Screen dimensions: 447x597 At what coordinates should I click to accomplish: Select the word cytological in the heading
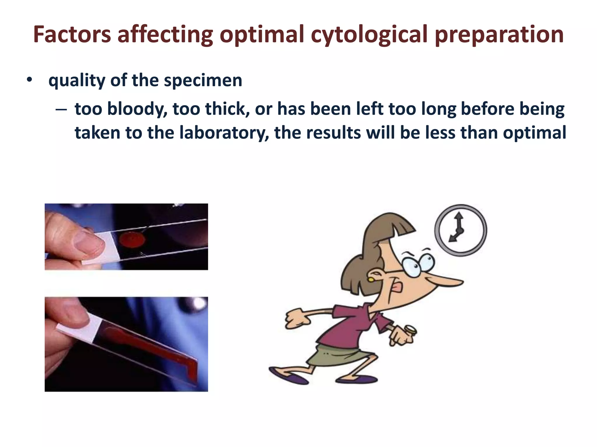369,34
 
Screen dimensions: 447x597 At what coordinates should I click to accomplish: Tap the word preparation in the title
499,34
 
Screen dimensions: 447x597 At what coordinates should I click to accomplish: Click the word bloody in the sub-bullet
137,109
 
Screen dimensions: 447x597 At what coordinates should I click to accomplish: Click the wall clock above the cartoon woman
460,230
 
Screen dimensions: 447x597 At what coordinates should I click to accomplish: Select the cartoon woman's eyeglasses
419,264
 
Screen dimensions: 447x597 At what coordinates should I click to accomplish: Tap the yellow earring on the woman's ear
371,279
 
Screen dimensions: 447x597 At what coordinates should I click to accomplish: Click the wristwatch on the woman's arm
411,329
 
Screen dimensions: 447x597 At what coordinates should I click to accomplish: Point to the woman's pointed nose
449,282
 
